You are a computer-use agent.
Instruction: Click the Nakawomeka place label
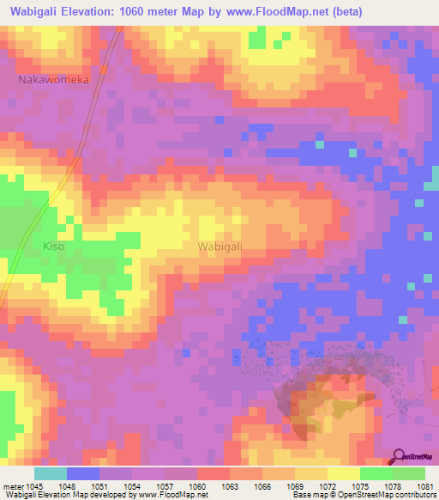[x=54, y=79]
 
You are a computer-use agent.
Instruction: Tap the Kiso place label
[x=54, y=247]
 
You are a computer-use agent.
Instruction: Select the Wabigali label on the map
[x=220, y=247]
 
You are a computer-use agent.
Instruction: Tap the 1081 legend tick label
[x=424, y=487]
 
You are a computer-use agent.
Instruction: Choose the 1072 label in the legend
[x=328, y=487]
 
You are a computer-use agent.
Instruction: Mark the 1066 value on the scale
[x=263, y=487]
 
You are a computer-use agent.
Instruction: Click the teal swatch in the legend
[x=51, y=473]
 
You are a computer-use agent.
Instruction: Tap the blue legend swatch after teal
[x=83, y=473]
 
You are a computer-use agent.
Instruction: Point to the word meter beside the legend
[x=12, y=487]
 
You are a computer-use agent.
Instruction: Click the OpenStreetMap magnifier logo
[x=400, y=456]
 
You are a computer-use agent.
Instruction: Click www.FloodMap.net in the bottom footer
[x=177, y=495]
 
